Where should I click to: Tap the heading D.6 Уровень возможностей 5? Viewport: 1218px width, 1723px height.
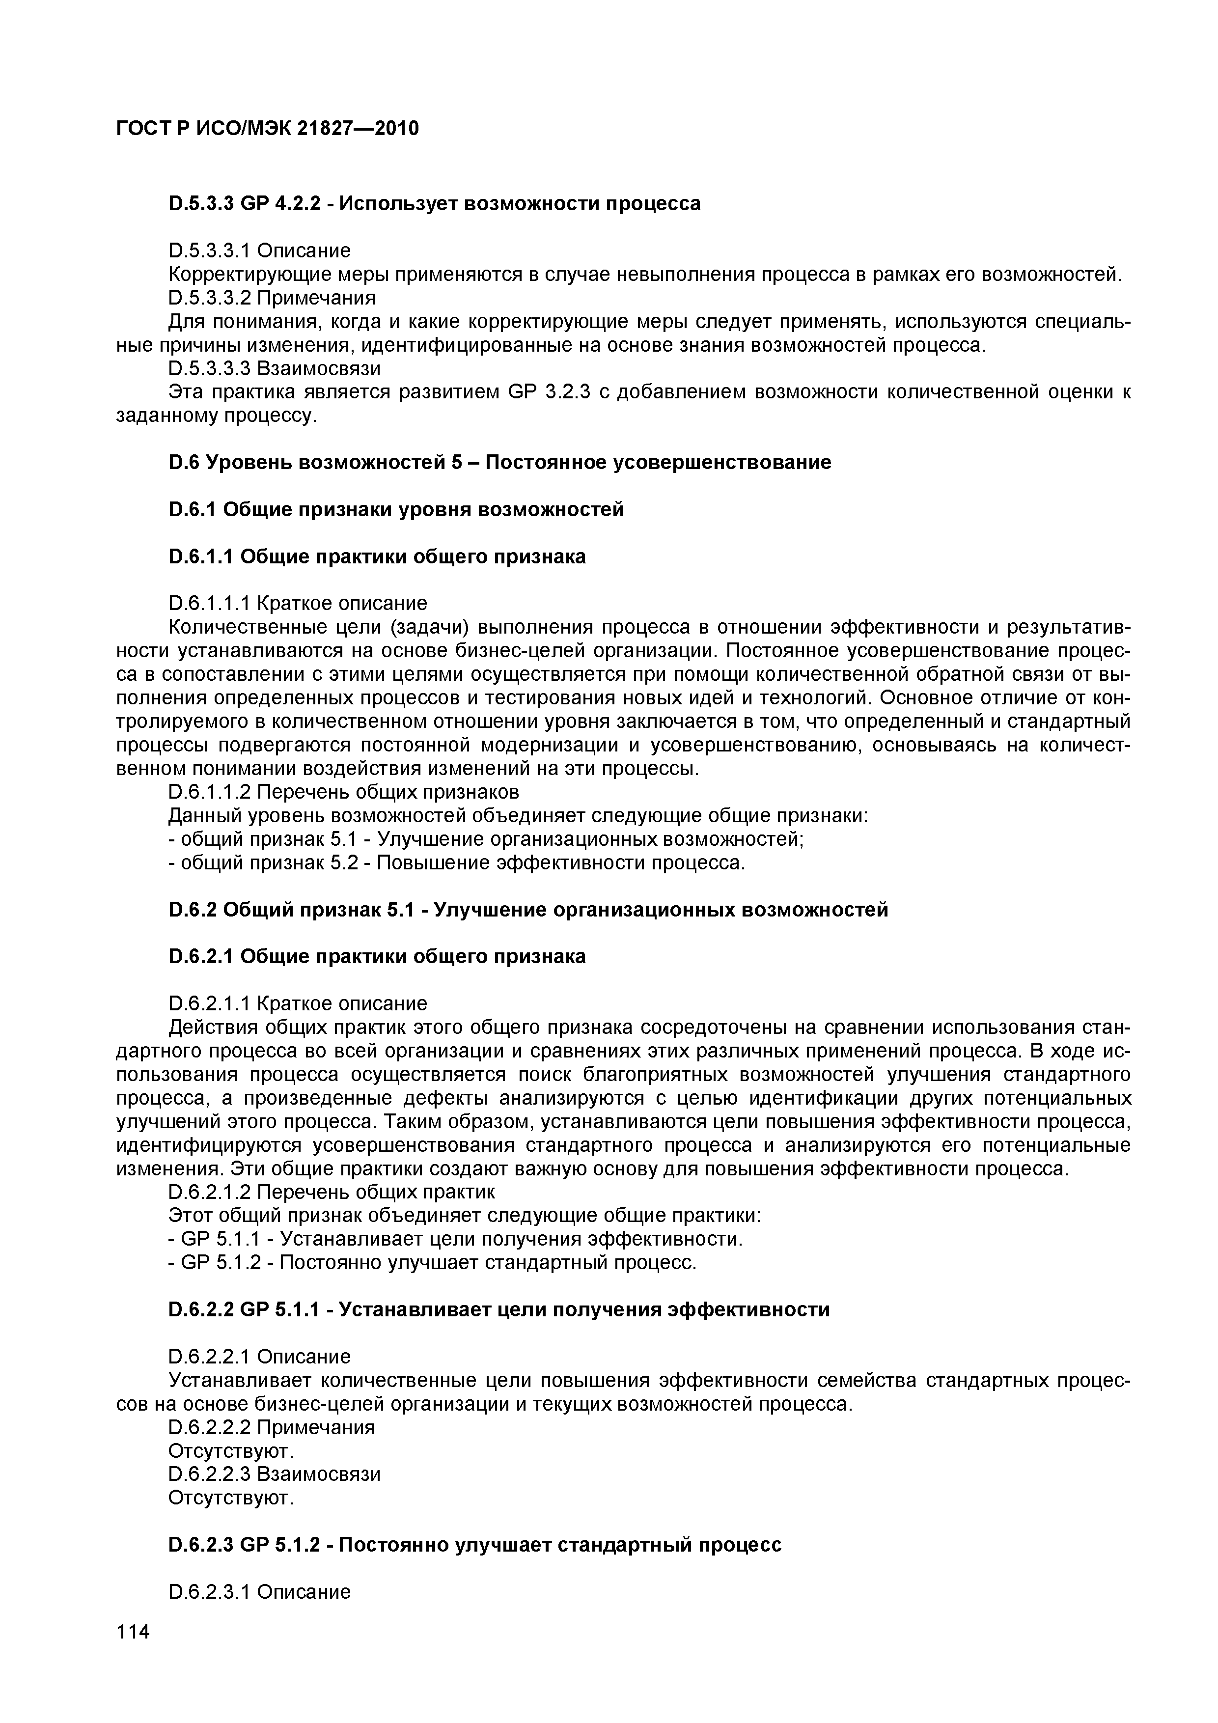click(500, 462)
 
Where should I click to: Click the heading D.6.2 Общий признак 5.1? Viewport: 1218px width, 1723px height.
click(528, 910)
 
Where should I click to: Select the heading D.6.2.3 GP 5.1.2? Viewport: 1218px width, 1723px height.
click(475, 1545)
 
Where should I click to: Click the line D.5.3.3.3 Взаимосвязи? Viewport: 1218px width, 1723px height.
click(275, 368)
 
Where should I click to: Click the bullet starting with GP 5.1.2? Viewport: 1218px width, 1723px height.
click(434, 1263)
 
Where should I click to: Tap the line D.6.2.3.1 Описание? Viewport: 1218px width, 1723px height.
click(260, 1592)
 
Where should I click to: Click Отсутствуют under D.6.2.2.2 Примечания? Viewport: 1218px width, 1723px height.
click(231, 1450)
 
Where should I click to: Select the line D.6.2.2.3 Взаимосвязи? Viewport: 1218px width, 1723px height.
click(275, 1474)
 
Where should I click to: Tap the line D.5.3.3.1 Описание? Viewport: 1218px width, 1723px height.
click(260, 250)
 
